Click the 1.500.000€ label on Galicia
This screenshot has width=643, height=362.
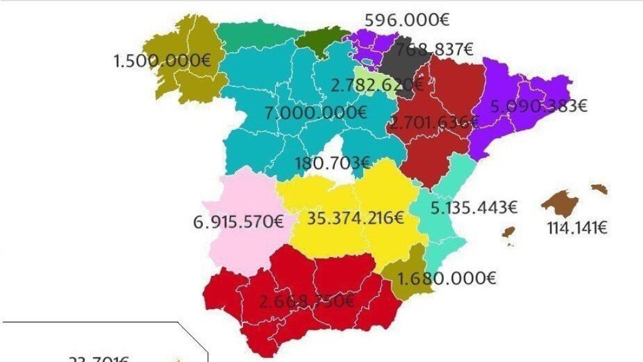[x=163, y=61]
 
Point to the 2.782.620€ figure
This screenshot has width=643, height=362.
[x=377, y=84]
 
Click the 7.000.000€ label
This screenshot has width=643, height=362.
[x=316, y=113]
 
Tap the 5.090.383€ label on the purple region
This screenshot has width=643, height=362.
[x=539, y=106]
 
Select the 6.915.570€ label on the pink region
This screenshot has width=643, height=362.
[x=239, y=222]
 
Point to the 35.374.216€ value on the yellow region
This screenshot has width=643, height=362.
[x=355, y=218]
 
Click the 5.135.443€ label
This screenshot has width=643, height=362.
[x=474, y=207]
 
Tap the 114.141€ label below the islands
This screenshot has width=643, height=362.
[x=577, y=228]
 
